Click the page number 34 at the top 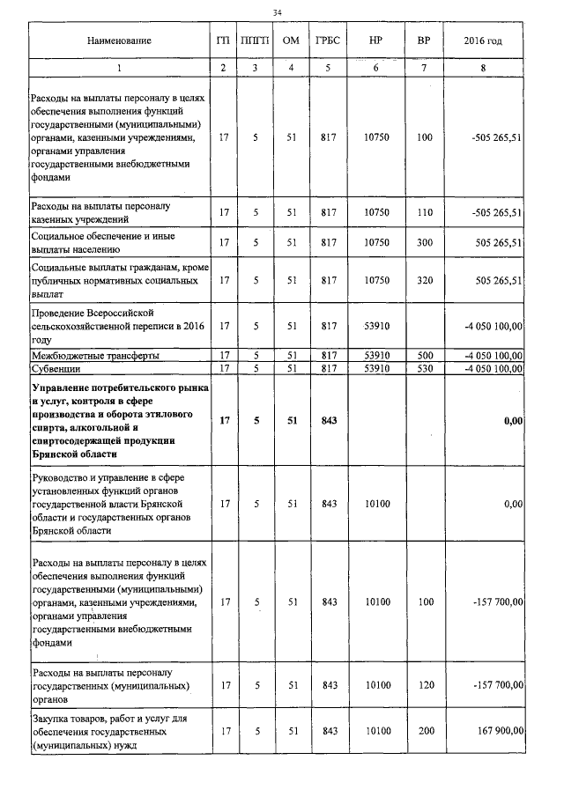pyautogui.click(x=278, y=12)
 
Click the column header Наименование pyautogui.click(x=119, y=41)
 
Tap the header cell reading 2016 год pyautogui.click(x=487, y=41)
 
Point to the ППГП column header pyautogui.click(x=255, y=41)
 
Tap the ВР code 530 pyautogui.click(x=425, y=367)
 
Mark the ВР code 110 pyautogui.click(x=425, y=212)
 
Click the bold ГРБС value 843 pyautogui.click(x=329, y=422)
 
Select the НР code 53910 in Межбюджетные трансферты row pyautogui.click(x=375, y=356)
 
